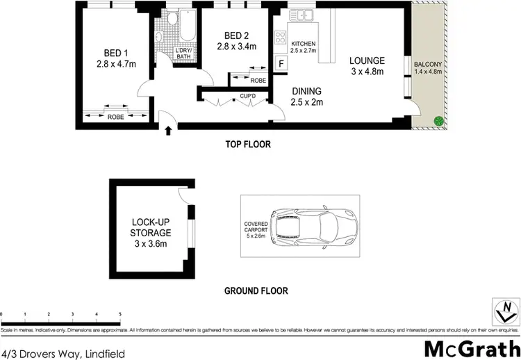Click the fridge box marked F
(x=281, y=63)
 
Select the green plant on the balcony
(x=438, y=122)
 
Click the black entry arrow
(x=168, y=130)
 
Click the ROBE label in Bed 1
(x=115, y=117)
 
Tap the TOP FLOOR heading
(x=247, y=145)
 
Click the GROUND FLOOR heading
(x=256, y=291)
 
